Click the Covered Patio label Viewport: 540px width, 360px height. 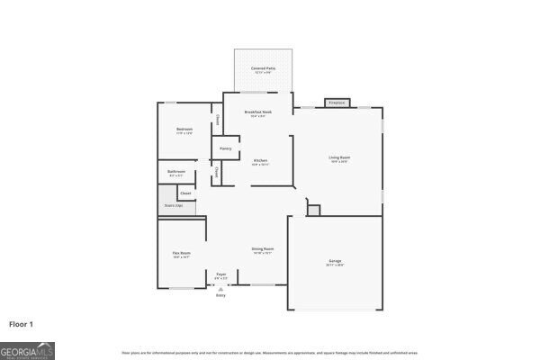coord(264,68)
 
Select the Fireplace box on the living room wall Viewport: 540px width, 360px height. coord(337,103)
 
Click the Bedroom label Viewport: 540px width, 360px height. coord(184,130)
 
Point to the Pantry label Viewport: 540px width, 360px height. coord(226,148)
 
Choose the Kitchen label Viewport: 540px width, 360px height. coord(259,161)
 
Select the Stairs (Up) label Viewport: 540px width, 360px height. coord(173,206)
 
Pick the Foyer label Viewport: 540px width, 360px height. coord(221,274)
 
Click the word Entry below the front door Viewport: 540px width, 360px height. coord(220,295)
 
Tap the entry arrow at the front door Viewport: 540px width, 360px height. coord(220,289)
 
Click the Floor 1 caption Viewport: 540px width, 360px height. coord(22,323)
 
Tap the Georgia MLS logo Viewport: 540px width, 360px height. coord(27,348)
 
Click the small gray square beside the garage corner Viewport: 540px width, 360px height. coord(313,210)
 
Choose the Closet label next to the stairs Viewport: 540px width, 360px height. coord(185,193)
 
